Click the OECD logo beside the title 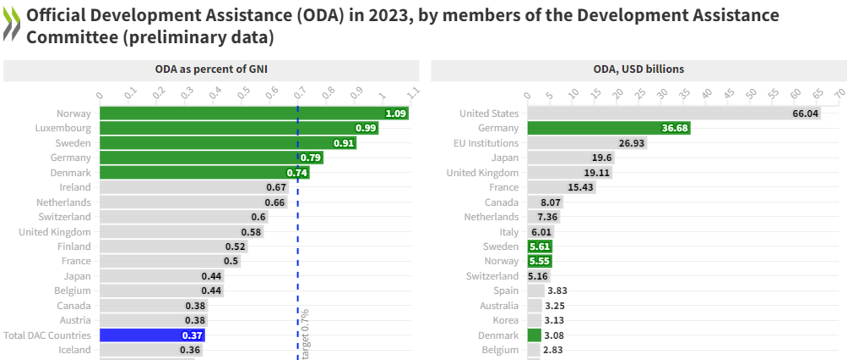tap(12, 24)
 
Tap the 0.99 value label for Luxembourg tap(366, 128)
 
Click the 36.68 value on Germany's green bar tap(674, 128)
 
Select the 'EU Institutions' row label tap(486, 143)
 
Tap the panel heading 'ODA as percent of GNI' tap(211, 69)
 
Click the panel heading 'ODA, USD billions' tap(638, 69)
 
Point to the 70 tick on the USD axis tap(839, 94)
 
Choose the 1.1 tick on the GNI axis tap(413, 93)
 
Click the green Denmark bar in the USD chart tap(534, 335)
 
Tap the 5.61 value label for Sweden tap(539, 247)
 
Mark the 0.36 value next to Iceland tap(190, 350)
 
